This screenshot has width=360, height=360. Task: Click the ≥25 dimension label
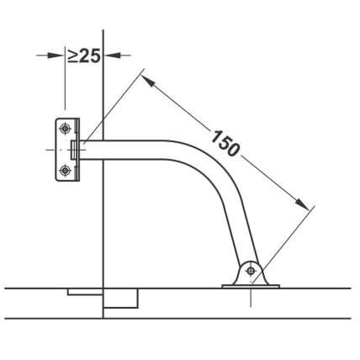point(84,56)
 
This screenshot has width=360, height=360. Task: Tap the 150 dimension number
point(225,142)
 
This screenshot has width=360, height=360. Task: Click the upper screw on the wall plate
point(65,129)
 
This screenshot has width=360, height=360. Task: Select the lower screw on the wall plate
point(65,170)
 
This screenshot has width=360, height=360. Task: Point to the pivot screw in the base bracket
point(251,271)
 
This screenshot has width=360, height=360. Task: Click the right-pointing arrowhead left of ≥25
point(56,56)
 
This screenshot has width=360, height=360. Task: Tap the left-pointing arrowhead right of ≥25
point(113,56)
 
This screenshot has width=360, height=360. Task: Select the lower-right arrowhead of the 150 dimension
point(302,203)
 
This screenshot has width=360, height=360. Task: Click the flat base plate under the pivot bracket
point(251,286)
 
